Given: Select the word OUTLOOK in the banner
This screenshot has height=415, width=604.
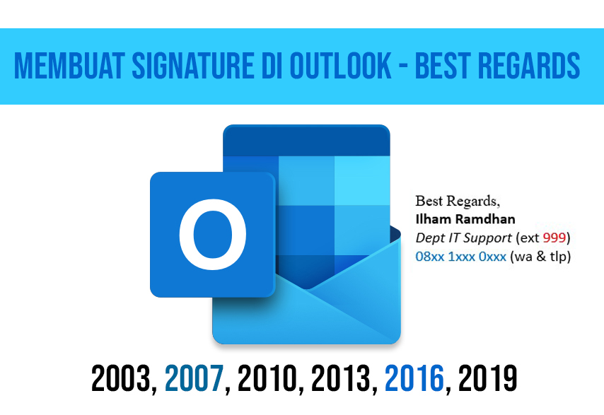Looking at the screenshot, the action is [340, 66].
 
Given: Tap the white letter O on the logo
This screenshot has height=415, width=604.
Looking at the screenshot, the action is [213, 234].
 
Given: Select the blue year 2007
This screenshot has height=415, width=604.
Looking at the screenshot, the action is [194, 378].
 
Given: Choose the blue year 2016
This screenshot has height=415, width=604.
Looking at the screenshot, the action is [414, 378].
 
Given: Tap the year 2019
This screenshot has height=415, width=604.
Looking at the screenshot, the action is [488, 378].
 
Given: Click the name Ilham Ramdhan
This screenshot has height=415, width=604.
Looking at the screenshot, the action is [465, 219].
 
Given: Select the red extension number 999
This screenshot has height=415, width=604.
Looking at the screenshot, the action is [554, 238].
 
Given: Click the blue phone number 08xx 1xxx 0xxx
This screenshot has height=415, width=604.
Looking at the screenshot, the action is [460, 257].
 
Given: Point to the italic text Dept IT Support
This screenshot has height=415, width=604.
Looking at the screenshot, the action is [464, 238].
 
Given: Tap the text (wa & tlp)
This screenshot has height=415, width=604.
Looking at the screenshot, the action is [540, 257].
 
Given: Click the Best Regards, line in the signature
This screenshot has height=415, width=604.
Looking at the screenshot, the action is [458, 201].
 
